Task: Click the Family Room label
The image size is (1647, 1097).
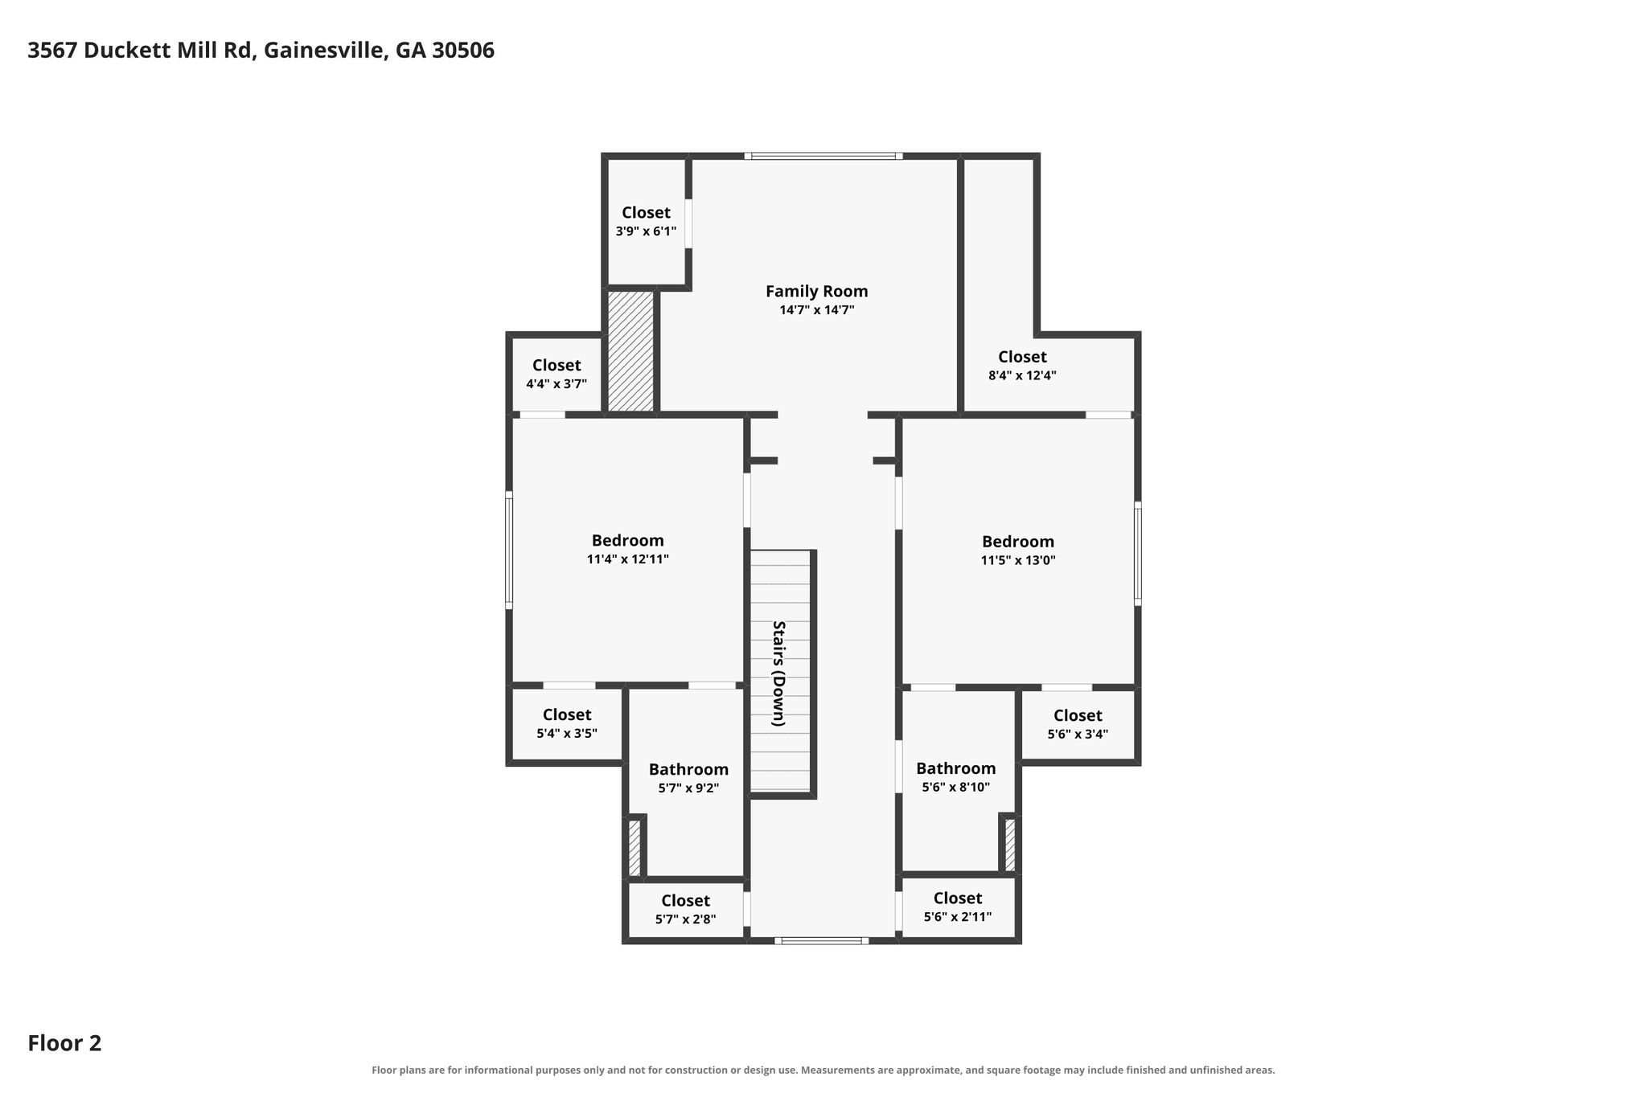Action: (x=816, y=291)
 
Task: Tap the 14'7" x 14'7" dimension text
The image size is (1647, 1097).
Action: (x=816, y=310)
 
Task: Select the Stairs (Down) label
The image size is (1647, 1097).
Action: (x=778, y=673)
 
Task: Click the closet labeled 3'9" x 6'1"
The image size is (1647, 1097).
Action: (x=646, y=222)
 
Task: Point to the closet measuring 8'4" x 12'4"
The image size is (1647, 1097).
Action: (x=1022, y=366)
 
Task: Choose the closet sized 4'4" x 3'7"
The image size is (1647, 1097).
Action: (x=557, y=375)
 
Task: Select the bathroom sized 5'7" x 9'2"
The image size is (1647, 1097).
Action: (x=688, y=778)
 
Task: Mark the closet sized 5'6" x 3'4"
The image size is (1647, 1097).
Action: (x=1078, y=724)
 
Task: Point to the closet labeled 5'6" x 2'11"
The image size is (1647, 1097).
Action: (x=958, y=907)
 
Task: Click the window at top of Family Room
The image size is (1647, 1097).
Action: (x=823, y=156)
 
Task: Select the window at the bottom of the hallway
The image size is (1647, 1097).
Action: (x=821, y=940)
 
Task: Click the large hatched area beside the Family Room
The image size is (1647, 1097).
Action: (x=630, y=351)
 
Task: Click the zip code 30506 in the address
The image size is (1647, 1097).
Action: (x=463, y=51)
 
